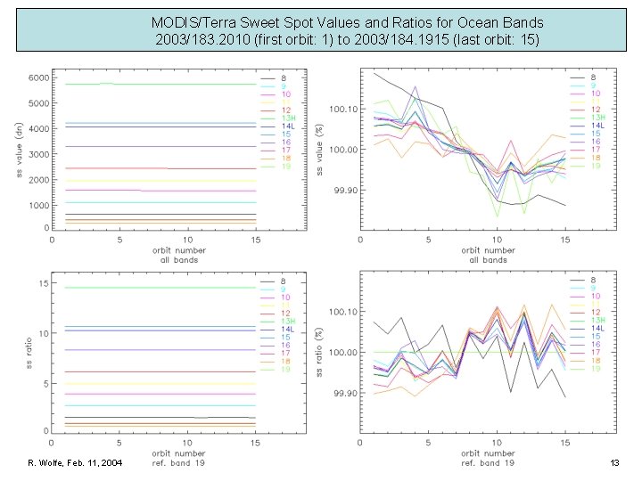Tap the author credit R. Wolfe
pos(50,463)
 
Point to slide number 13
pos(613,463)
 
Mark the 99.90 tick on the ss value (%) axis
pos(344,191)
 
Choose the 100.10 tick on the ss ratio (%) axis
pos(344,312)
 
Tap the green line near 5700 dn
pos(134,84)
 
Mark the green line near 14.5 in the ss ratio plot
pos(134,288)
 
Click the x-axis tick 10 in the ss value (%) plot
pos(497,240)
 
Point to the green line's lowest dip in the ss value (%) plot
pos(497,216)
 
